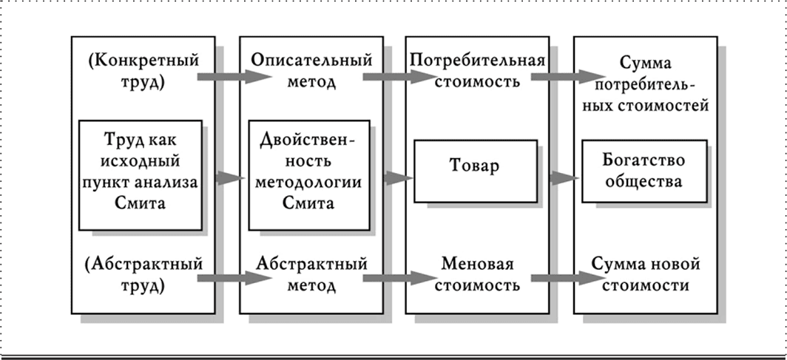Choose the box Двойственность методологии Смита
click(308, 175)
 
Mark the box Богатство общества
click(644, 171)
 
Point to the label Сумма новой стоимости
click(645, 274)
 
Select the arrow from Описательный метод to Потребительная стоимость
click(391, 76)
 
